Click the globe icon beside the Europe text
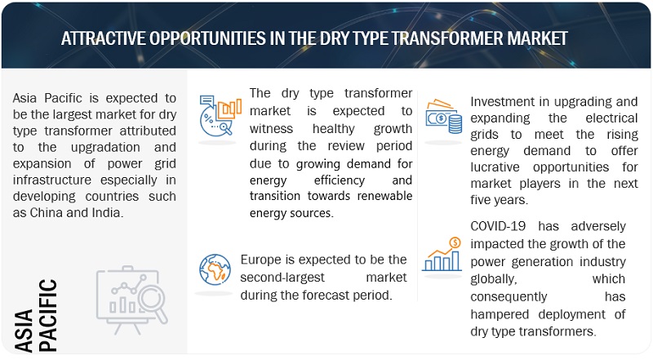click(x=215, y=269)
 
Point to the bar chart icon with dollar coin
click(x=442, y=254)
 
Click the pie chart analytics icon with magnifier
click(x=220, y=115)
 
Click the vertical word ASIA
click(x=24, y=330)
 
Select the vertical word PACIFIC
click(x=47, y=315)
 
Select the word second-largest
click(x=282, y=278)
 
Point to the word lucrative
click(x=495, y=167)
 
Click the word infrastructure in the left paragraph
click(x=52, y=180)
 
